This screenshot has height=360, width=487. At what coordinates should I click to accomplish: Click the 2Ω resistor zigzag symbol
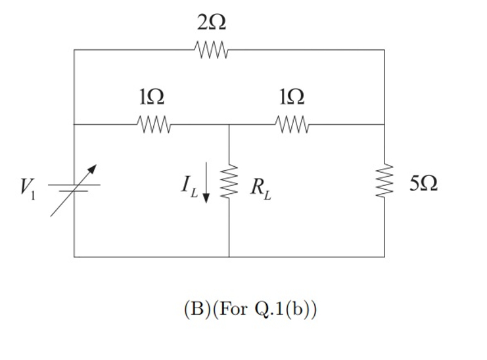tap(211, 49)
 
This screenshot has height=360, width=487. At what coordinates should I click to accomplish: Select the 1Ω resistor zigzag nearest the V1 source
tap(154, 124)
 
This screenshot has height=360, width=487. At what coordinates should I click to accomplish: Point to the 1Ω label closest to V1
tap(152, 97)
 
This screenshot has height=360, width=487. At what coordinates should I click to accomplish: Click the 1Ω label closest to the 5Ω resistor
tap(291, 97)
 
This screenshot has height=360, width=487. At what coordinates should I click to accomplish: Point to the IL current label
tap(189, 187)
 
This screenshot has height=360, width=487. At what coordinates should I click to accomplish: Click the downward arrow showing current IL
tap(207, 183)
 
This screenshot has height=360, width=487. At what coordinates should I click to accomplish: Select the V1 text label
tap(26, 189)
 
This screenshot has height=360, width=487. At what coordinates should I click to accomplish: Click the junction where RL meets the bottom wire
tap(229, 256)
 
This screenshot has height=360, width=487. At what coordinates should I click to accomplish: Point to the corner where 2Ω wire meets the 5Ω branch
tap(384, 50)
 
